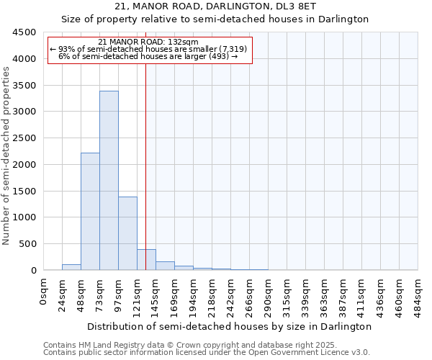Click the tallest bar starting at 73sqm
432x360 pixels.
pos(109,180)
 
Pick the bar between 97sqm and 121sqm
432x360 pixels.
pos(127,233)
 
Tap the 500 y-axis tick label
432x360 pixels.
pos(27,244)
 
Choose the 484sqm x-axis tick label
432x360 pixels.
pos(418,294)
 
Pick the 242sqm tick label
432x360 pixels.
pos(230,294)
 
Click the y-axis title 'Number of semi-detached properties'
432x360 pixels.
pos(6,152)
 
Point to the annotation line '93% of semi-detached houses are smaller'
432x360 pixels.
pos(149,49)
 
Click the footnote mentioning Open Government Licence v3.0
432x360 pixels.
pos(207,352)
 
